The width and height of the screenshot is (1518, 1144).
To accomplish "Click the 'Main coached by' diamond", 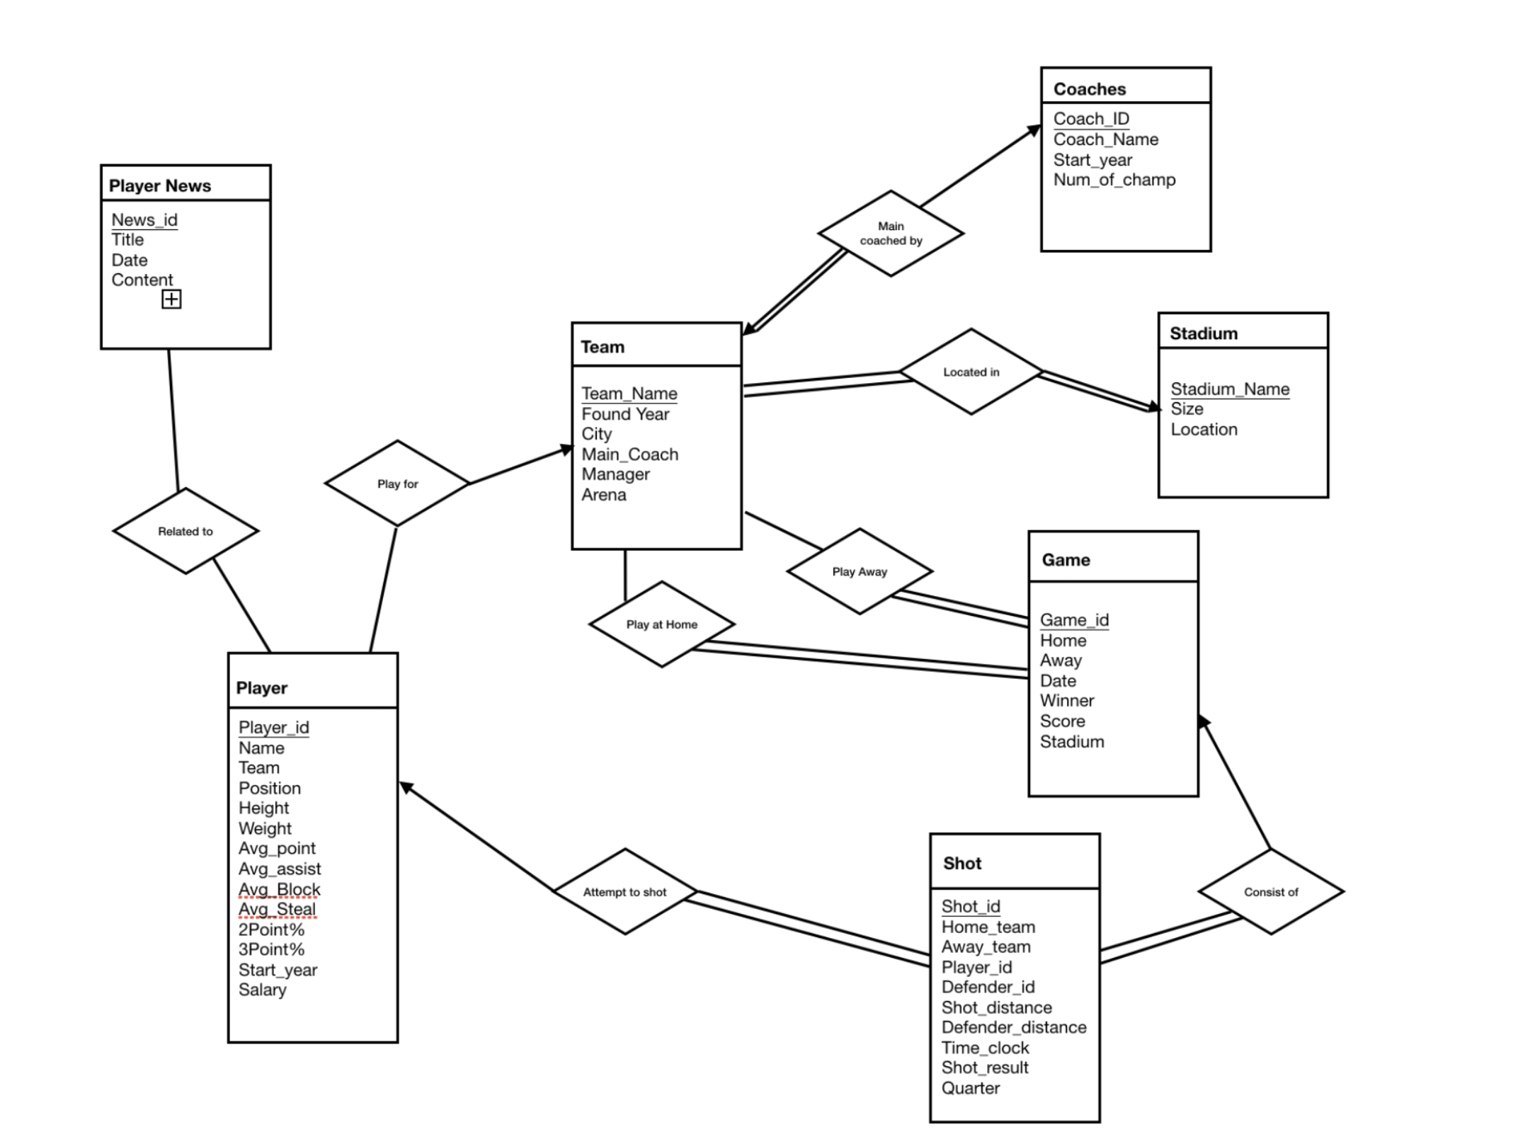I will tap(890, 234).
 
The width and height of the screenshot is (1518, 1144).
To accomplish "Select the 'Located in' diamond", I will tap(971, 372).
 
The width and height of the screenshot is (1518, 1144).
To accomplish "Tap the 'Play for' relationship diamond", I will tap(397, 484).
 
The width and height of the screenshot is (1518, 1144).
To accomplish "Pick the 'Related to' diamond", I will tap(186, 531).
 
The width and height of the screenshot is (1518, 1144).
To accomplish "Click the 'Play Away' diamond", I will tap(860, 571).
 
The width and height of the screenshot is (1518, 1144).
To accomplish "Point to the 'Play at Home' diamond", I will tap(661, 624).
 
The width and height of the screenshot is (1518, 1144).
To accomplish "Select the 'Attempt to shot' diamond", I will tap(624, 892).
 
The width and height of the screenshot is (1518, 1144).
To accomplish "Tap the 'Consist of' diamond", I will tap(1271, 892).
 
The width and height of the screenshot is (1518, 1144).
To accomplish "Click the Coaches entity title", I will tap(1089, 89).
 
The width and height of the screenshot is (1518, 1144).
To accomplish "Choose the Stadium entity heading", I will tap(1203, 333).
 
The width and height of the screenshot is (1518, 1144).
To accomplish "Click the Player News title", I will tap(160, 185).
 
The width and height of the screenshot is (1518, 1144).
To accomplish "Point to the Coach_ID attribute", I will tap(1091, 119).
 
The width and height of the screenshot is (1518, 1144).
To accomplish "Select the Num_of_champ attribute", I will tap(1114, 180).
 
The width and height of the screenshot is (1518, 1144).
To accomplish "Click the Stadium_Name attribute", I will tap(1229, 389).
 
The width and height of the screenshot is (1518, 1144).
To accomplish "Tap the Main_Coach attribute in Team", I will tap(629, 454).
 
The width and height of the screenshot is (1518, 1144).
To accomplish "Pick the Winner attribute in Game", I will tap(1066, 701).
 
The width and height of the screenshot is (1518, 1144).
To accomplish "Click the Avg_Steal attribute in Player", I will tap(277, 909).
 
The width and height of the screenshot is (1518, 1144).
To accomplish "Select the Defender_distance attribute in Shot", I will tap(1013, 1027).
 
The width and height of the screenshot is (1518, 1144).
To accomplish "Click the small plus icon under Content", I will tap(171, 299).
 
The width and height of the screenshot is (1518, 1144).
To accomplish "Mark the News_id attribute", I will tap(144, 220).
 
